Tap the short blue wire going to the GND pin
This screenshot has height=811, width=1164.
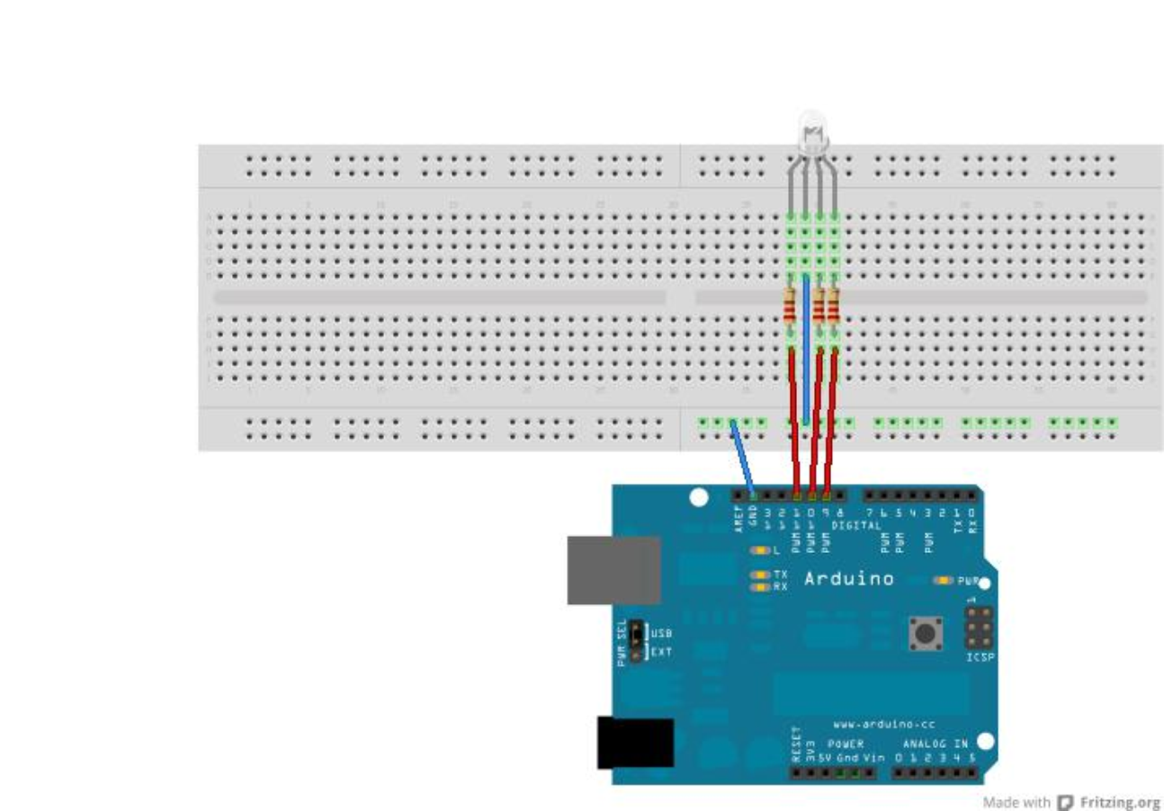click(743, 455)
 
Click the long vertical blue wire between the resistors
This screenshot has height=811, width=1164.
click(806, 351)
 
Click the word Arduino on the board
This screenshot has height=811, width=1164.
click(848, 578)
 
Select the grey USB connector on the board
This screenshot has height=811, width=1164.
click(613, 570)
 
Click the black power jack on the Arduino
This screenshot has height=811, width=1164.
click(635, 743)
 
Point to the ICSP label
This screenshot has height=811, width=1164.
click(980, 657)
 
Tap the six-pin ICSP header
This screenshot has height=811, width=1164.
click(980, 628)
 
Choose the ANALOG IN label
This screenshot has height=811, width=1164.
click(936, 744)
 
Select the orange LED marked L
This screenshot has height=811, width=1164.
click(760, 549)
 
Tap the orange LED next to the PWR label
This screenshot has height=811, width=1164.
click(943, 581)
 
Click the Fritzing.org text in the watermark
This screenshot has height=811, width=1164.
click(1119, 801)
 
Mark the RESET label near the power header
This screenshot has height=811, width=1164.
click(796, 744)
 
